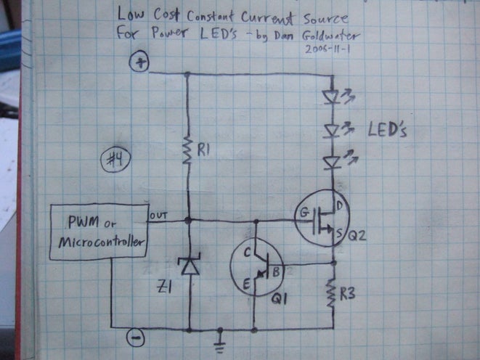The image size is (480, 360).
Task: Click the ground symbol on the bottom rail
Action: tap(219, 336)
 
